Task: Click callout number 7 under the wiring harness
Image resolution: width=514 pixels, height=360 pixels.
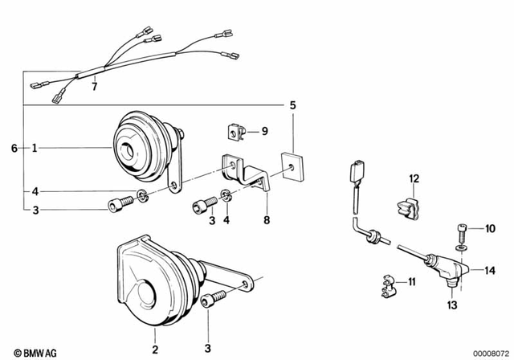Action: (x=94, y=85)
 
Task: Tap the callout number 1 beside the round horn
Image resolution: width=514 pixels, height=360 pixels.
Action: (x=35, y=148)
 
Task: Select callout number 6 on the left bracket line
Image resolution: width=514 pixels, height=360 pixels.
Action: (x=14, y=148)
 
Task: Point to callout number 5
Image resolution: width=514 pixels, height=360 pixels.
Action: (x=292, y=105)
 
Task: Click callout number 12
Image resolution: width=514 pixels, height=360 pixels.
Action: (x=414, y=178)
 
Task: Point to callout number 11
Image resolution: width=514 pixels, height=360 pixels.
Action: (x=413, y=281)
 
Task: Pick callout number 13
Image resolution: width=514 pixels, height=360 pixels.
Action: (x=451, y=306)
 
